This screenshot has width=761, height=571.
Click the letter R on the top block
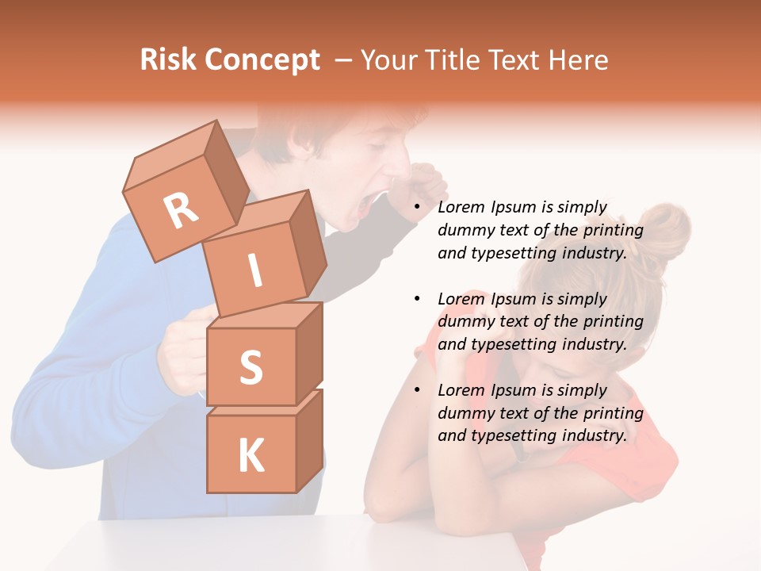pos(181,211)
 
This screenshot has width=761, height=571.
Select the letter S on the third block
pos(250,366)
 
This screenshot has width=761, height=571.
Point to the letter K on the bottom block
pos(250,456)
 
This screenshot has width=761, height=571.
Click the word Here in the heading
pos(579,59)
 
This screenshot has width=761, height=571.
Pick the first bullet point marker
pos(417,208)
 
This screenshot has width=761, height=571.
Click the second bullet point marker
pos(417,299)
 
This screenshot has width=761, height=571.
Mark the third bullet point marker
pos(417,390)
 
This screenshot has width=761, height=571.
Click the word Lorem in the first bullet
pos(461,207)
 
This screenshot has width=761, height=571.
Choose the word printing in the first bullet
pos(614,230)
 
